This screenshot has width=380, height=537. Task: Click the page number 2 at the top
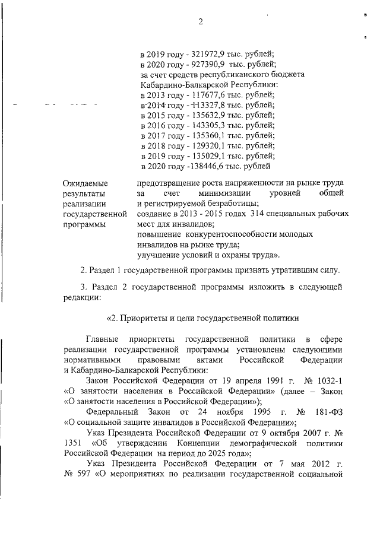[201, 23]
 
